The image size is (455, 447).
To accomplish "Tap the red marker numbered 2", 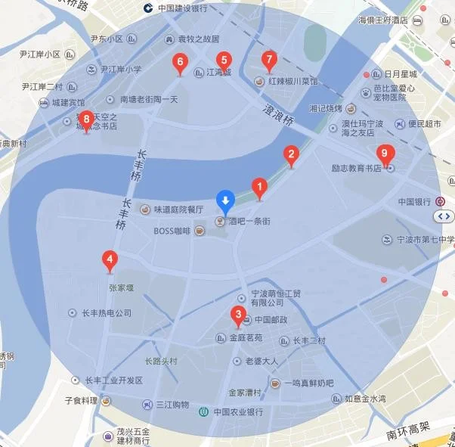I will [x=290, y=156].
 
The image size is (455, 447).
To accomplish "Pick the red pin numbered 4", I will [x=110, y=261].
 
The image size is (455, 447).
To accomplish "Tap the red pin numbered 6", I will [x=180, y=64].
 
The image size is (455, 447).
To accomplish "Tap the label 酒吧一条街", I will [x=249, y=222].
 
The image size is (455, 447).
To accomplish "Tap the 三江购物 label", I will [x=173, y=405].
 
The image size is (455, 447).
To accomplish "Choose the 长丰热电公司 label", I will [x=106, y=312].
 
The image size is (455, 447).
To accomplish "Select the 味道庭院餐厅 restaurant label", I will [x=178, y=210].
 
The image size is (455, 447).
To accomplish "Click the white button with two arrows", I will [x=443, y=217].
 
